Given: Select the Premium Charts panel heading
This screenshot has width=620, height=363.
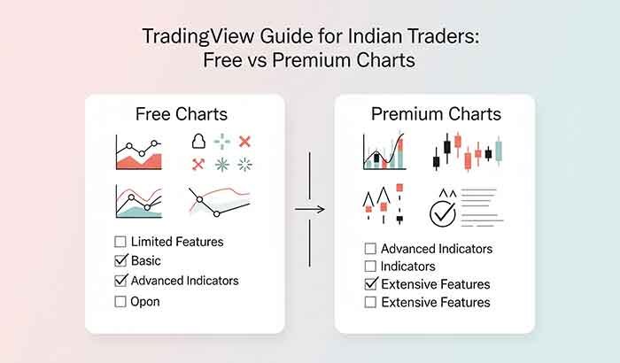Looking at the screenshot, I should (x=436, y=114).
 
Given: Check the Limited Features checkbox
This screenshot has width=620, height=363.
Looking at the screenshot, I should (x=120, y=241).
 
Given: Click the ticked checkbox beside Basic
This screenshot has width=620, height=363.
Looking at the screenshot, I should (x=120, y=260).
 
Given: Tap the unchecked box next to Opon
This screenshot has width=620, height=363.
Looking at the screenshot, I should (x=120, y=301).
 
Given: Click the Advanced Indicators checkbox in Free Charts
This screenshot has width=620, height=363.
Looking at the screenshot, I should (x=120, y=281).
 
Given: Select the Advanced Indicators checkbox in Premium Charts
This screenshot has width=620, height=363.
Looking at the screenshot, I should (x=370, y=249).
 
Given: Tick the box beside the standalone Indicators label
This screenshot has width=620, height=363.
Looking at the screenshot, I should (x=370, y=266).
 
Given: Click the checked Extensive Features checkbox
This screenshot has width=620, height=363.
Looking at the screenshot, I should (x=370, y=284).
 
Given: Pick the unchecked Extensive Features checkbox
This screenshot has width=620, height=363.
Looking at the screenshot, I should (x=370, y=303).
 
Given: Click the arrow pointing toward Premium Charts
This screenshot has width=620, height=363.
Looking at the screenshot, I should (x=308, y=209).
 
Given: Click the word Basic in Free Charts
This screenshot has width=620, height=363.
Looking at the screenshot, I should (x=146, y=260).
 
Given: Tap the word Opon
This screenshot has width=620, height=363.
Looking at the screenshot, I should (x=146, y=301).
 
